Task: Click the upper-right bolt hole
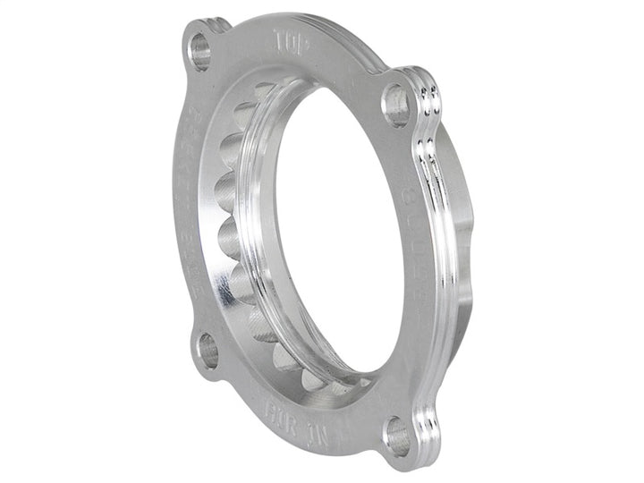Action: (x=396, y=104)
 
